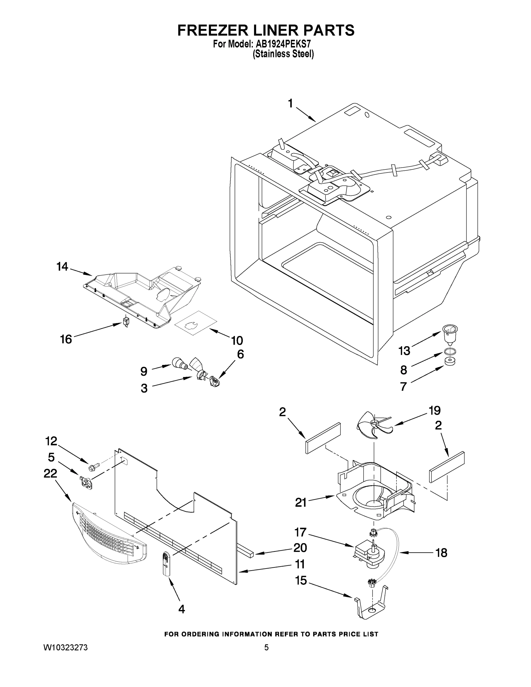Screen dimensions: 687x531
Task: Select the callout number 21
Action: pyautogui.click(x=301, y=502)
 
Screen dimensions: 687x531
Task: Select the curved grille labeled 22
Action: pyautogui.click(x=108, y=535)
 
